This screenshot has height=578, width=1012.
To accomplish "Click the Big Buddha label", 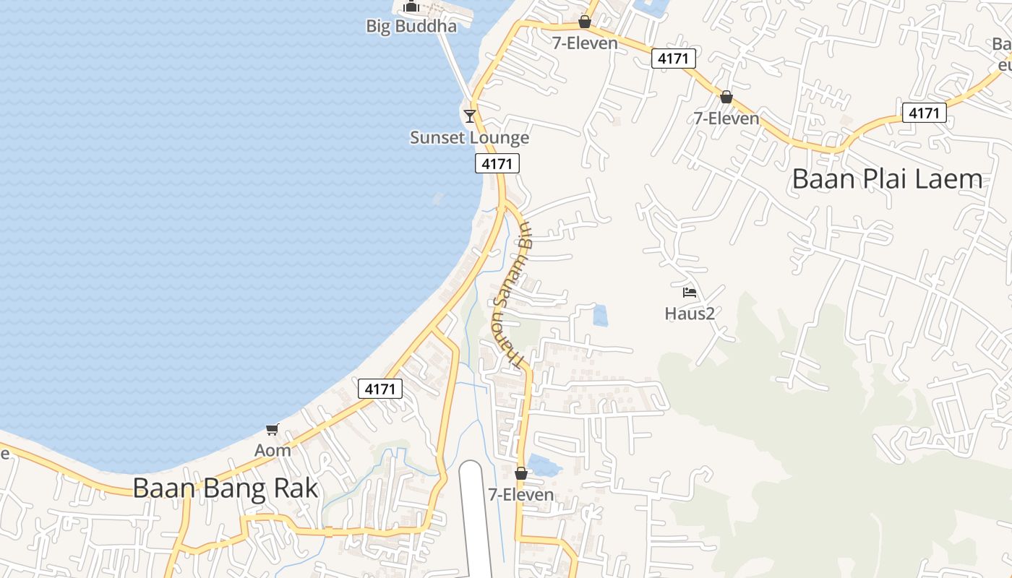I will [x=411, y=27].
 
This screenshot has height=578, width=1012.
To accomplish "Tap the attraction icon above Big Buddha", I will [x=411, y=7].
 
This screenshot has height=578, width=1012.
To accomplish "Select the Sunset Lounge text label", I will [x=469, y=137].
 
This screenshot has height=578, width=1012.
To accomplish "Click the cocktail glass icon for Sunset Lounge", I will [x=470, y=116].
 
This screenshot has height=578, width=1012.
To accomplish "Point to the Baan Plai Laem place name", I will [x=887, y=178].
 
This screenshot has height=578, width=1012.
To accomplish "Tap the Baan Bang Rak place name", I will [x=225, y=488].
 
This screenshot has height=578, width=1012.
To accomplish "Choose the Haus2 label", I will [x=690, y=314].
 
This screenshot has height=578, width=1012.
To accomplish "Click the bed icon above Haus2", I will [x=690, y=293].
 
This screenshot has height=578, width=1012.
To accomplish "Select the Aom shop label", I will [x=273, y=450].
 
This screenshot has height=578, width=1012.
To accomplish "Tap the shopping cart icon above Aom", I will [x=273, y=430].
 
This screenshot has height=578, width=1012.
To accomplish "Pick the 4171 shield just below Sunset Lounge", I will [x=497, y=164].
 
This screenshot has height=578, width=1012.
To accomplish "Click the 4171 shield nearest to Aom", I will [x=380, y=389].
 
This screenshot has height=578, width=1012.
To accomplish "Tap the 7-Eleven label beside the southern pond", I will [x=520, y=495].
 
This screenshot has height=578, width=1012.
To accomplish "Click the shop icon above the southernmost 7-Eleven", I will [x=520, y=474].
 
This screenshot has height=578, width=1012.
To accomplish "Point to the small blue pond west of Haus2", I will [x=599, y=315].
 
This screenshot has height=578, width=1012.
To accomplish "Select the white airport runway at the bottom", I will [x=475, y=520].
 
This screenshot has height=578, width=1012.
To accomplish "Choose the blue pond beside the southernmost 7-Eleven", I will [x=544, y=465].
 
